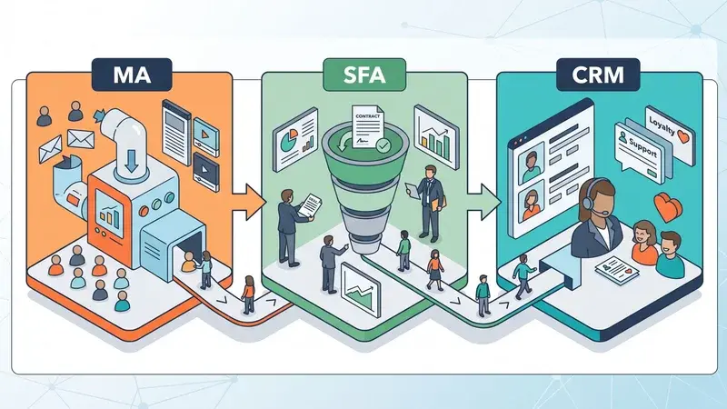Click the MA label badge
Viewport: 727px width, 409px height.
132,75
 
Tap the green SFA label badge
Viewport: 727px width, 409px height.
364,75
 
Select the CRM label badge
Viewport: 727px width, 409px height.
598,75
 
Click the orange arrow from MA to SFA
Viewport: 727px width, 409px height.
248,202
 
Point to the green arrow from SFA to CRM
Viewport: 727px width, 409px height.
484,202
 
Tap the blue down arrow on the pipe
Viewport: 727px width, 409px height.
132,161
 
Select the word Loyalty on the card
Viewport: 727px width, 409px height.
662,126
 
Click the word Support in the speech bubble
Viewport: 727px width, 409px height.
642,146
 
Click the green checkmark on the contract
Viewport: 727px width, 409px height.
383,145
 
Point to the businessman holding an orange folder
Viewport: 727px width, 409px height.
429,203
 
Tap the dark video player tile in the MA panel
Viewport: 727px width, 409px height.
205,172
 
